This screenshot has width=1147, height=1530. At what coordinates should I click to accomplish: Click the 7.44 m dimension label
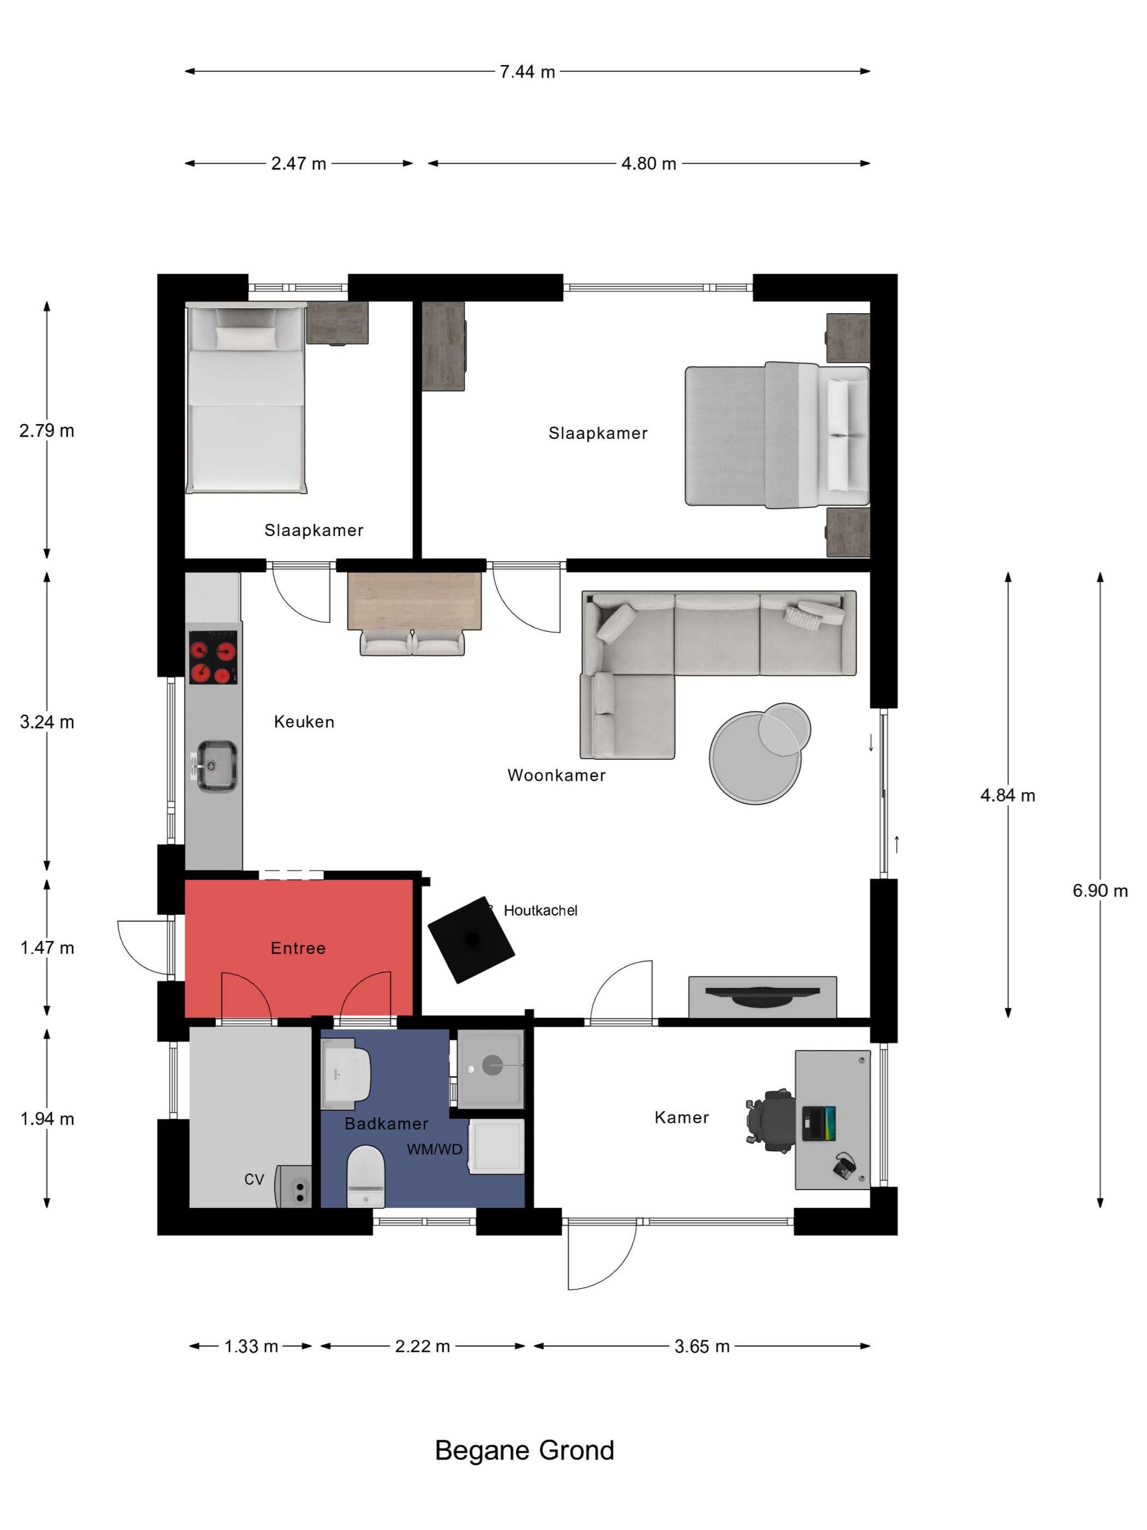click(527, 72)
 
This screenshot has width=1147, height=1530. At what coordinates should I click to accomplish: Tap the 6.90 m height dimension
click(1099, 890)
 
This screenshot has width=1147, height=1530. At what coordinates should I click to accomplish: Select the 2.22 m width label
click(422, 1346)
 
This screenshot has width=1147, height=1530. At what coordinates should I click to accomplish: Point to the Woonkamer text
click(557, 775)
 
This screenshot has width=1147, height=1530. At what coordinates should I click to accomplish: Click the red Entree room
click(299, 948)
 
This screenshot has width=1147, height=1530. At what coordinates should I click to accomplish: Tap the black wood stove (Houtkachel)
click(471, 939)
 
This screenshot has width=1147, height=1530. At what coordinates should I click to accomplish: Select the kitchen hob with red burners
click(214, 657)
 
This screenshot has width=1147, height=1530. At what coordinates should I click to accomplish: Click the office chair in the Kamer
click(770, 1121)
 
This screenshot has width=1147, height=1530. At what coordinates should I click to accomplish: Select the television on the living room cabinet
click(762, 994)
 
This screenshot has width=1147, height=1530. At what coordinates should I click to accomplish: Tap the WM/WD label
click(434, 1150)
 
